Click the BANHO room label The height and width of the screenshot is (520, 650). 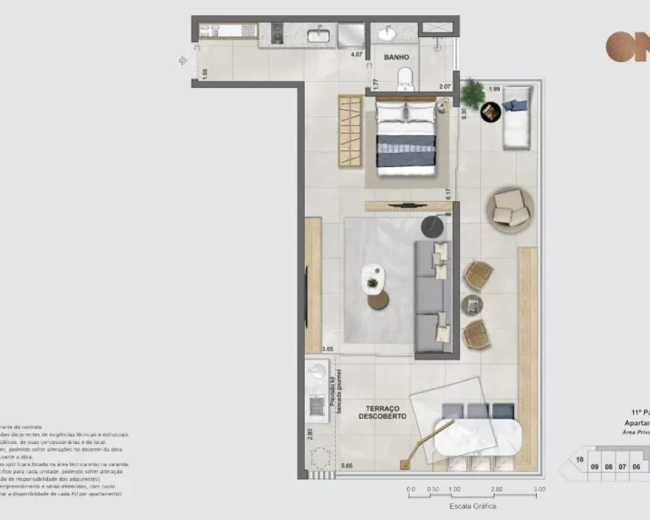(x=396, y=58)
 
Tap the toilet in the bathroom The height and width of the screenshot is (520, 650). (x=405, y=78)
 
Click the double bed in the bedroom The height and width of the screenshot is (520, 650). (x=407, y=138)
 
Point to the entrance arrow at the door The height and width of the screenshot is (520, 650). (x=183, y=60)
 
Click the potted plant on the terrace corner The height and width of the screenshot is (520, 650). (x=473, y=94)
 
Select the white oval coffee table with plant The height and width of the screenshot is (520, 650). (x=373, y=278)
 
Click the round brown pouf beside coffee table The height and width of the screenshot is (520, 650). (x=378, y=300)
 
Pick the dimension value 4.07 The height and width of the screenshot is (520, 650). (x=356, y=55)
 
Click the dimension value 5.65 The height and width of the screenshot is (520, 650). (x=346, y=465)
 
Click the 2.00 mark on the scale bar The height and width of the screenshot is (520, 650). (x=497, y=489)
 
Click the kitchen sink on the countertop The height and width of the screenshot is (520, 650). (x=319, y=34)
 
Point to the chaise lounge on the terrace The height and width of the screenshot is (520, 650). (x=517, y=117)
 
